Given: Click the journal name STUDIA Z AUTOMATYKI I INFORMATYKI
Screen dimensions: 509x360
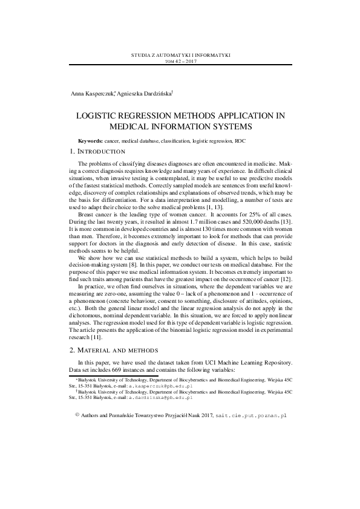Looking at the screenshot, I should click(x=180, y=55).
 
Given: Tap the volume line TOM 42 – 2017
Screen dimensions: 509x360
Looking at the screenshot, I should click(x=180, y=61).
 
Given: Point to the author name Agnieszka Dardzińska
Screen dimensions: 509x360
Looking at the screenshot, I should click(x=143, y=94).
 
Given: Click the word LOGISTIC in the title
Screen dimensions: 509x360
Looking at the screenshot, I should click(x=100, y=115).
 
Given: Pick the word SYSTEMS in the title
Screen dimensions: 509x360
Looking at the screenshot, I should click(x=231, y=126).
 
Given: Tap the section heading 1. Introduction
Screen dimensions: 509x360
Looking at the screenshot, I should click(x=98, y=151).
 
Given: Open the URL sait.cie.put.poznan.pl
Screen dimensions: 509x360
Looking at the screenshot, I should click(x=251, y=416).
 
